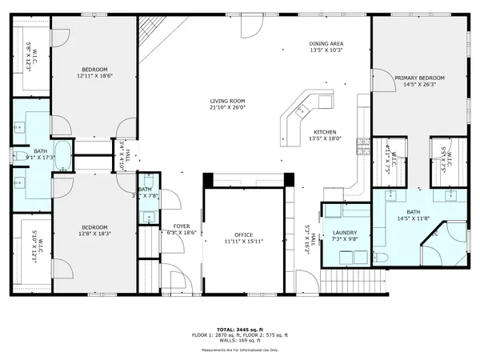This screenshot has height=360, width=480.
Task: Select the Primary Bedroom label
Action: (418, 77)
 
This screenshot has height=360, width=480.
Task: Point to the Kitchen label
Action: (324, 132)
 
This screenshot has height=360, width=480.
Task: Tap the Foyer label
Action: (182, 226)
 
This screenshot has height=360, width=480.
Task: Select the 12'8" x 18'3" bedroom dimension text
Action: (94, 234)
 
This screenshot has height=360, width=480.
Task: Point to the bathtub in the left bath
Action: (64, 156)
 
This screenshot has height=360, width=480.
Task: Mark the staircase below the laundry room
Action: (346, 282)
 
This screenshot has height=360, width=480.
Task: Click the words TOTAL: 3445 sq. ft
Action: (239, 329)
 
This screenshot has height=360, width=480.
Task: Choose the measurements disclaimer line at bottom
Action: (239, 350)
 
